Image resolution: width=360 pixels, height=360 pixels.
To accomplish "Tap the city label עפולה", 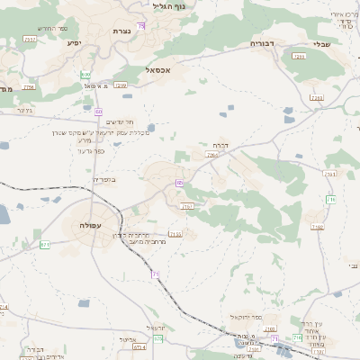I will point(90,226).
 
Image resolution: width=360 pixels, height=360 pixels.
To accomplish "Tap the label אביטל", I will point(126,339).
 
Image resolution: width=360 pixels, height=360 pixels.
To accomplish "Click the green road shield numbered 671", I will point(44,244).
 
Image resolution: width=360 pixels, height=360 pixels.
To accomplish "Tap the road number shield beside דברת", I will point(211,156).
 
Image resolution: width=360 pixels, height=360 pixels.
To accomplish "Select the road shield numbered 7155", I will point(175,234).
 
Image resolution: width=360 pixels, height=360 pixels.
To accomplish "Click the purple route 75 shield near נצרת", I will point(141,27).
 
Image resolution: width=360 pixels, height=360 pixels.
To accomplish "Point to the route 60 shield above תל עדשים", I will point(98,112).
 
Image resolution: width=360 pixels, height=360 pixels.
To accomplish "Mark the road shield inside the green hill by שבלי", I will point(300,57).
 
